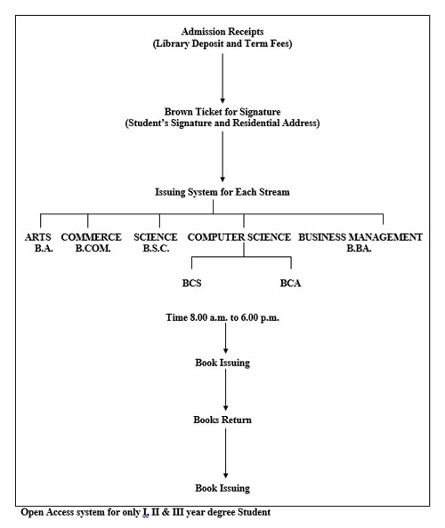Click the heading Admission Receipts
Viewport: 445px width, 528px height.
(x=222, y=32)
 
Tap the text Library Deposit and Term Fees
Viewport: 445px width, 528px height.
(x=222, y=44)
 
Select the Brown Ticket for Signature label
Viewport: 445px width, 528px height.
(x=222, y=111)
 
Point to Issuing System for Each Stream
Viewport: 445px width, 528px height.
(x=222, y=192)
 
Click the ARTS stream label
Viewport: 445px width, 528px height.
(x=37, y=237)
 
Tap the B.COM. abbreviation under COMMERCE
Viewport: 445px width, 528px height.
(x=93, y=249)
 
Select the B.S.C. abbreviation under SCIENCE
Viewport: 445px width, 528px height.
(x=156, y=249)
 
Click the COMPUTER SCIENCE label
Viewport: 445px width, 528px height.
(x=239, y=237)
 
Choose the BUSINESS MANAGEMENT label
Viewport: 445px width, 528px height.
(x=360, y=237)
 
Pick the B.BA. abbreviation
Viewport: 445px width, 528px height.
(x=359, y=249)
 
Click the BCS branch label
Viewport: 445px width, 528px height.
(x=192, y=283)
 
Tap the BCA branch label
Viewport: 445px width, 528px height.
(x=290, y=283)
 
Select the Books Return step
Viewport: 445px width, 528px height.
(x=222, y=420)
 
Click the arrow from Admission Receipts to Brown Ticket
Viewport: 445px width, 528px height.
(x=222, y=78)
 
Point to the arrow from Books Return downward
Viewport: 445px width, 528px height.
(x=225, y=453)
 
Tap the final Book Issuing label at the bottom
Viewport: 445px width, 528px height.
(x=222, y=488)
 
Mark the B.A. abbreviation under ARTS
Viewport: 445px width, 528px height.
(x=44, y=249)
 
